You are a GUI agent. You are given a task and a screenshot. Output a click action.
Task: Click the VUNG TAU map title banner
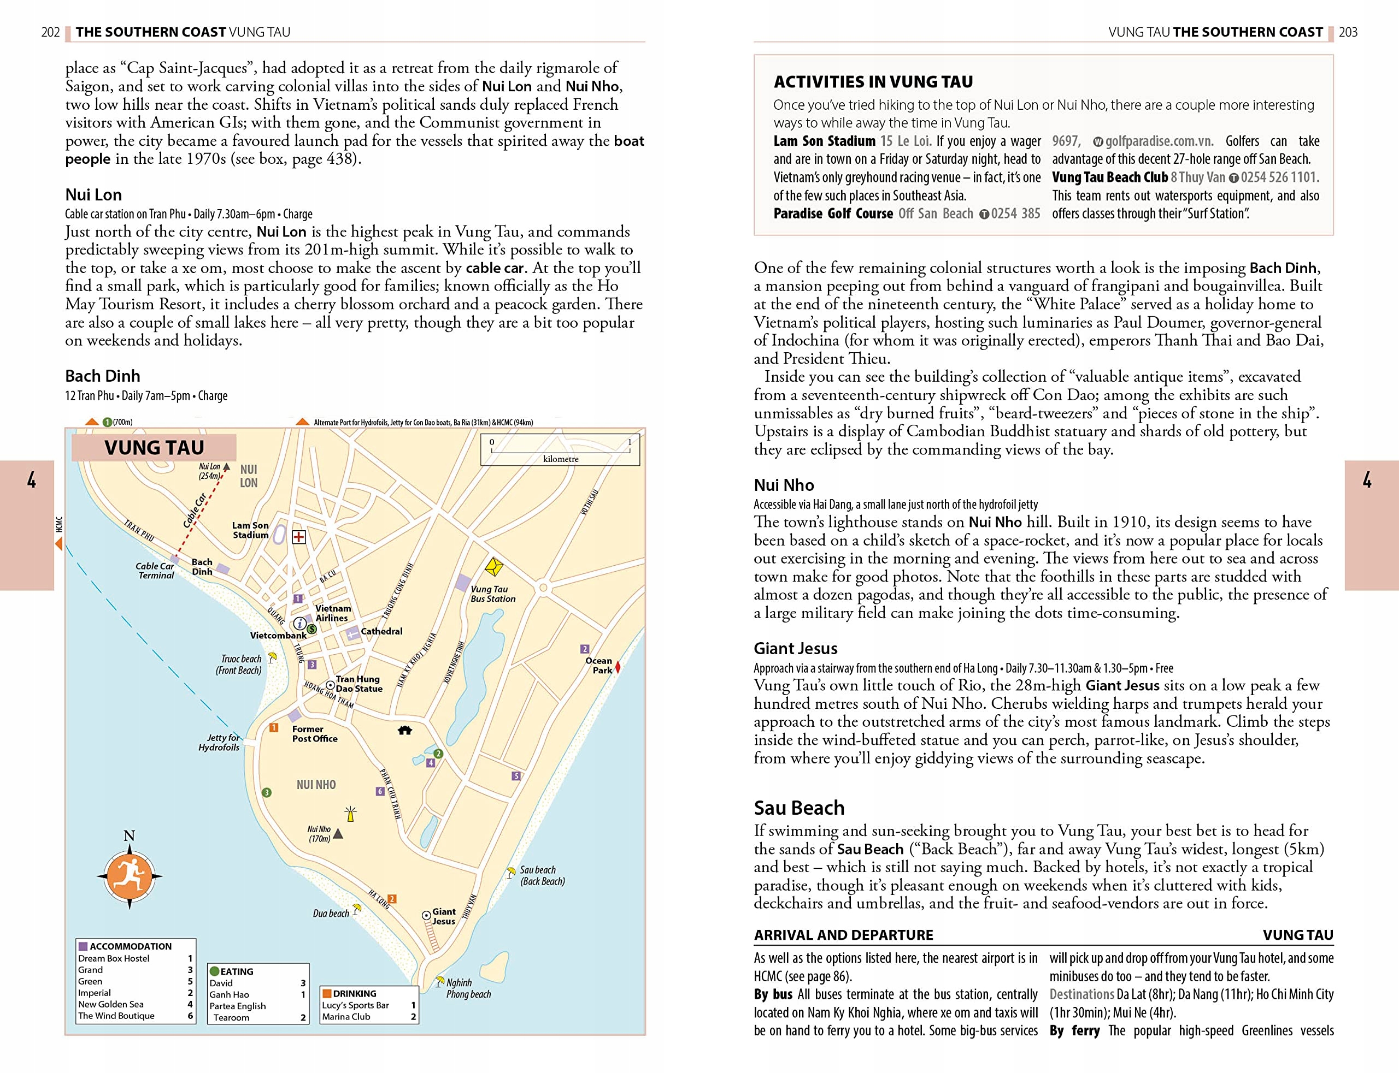pos(154,447)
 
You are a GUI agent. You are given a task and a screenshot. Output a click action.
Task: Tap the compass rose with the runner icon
pos(129,876)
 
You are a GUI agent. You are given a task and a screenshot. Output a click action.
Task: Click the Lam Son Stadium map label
pos(250,530)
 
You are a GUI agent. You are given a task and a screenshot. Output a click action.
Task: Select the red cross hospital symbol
pos(298,537)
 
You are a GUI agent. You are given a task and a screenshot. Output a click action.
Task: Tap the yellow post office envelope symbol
pos(494,566)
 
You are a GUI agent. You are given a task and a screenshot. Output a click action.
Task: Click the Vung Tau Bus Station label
pos(493,594)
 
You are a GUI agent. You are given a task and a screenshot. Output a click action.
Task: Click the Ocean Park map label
pos(599,666)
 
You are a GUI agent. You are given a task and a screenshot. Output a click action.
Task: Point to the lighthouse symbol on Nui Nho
pos(350,814)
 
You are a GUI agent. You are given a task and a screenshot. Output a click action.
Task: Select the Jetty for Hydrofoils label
pos(219,742)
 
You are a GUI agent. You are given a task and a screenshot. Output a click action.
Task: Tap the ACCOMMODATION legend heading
pos(131,946)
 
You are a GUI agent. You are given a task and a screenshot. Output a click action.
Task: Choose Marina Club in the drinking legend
pos(346,1016)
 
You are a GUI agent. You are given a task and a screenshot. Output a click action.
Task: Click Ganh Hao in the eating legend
pos(229,994)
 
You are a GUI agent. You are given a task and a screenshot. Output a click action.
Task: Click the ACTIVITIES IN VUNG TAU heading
pos(873,82)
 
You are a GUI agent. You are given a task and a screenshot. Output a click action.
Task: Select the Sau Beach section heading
pos(799,808)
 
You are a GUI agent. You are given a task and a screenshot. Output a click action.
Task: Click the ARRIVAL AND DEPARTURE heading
pos(843,935)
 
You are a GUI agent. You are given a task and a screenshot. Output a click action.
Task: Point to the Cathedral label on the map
pos(381,631)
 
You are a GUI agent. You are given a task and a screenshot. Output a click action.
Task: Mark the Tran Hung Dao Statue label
pos(358,684)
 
